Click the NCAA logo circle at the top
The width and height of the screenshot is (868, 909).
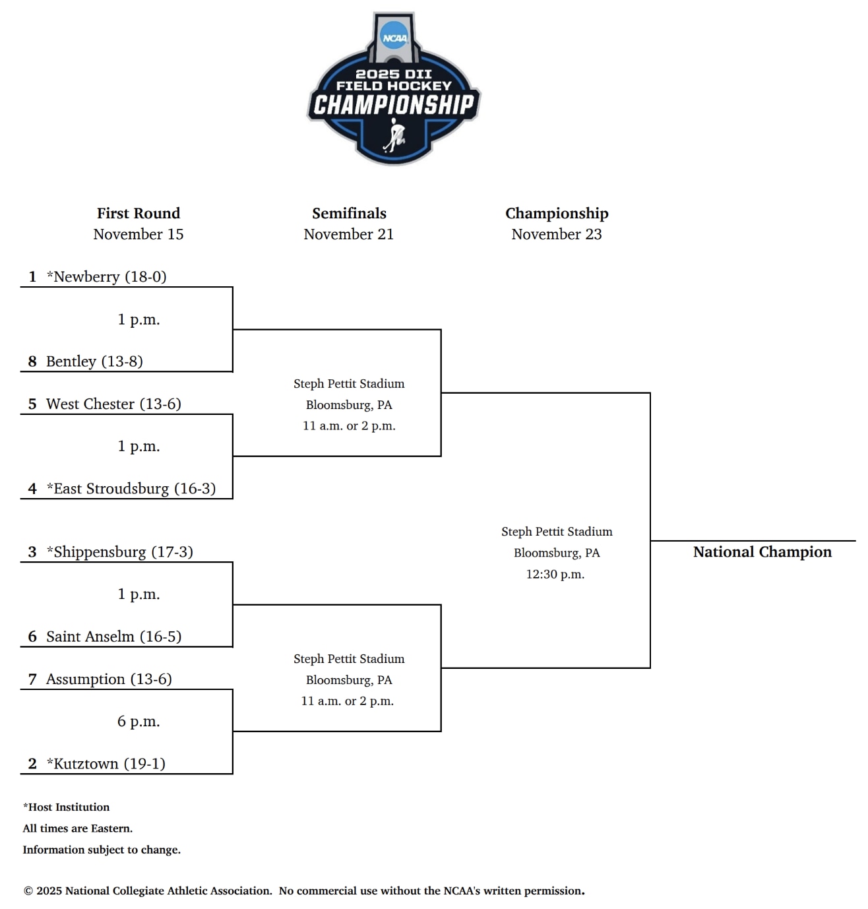click(x=394, y=37)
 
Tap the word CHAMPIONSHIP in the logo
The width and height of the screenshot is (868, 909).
click(x=394, y=105)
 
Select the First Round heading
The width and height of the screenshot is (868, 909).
click(x=139, y=213)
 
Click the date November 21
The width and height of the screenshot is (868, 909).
click(x=348, y=234)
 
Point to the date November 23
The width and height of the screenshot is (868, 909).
click(x=556, y=234)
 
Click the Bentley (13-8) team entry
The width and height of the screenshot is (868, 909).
click(x=94, y=361)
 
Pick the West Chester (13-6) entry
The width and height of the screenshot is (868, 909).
click(x=113, y=404)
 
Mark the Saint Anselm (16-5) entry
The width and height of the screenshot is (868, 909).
click(x=113, y=636)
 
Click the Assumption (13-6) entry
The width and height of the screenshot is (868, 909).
click(x=109, y=679)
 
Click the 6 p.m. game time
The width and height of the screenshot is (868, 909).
click(x=139, y=721)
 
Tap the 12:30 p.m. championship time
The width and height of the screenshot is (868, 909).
click(x=555, y=574)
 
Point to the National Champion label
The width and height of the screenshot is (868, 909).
click(x=762, y=551)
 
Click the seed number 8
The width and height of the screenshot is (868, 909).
click(x=32, y=361)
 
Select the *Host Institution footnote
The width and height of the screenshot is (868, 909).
click(x=67, y=807)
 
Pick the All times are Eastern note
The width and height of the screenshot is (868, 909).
click(x=78, y=828)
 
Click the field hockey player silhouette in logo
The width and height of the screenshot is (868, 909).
click(x=395, y=135)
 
